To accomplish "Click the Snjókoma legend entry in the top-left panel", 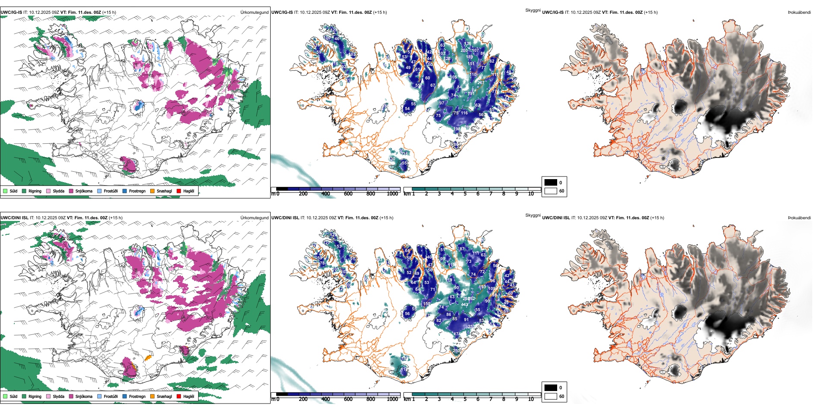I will [84, 191].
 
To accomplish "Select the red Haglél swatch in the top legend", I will [179, 191].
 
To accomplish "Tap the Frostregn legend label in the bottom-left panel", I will [137, 396].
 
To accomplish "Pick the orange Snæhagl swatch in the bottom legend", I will [152, 396].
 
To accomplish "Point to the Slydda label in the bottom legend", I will [58, 396].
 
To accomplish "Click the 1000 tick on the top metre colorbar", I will [392, 194].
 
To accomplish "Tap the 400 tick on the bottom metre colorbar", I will [325, 399].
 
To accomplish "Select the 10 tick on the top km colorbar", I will [531, 194].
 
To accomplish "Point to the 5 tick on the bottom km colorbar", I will [465, 399].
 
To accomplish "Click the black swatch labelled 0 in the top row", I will [551, 183].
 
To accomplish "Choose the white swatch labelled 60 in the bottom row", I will [551, 396].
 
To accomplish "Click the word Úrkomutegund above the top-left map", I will [254, 13].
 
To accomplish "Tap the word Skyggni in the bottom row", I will [533, 215].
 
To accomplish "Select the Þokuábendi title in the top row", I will [799, 13].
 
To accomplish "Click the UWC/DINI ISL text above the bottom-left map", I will [14, 218].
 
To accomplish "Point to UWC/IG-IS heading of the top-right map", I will [552, 13].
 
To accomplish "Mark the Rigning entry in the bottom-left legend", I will [35, 396].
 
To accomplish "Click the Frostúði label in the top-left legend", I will [110, 191].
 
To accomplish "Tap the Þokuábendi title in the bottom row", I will [799, 218].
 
